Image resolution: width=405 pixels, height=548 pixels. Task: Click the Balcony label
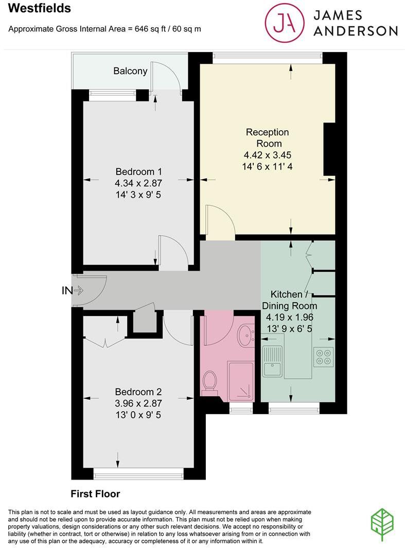(x=130, y=72)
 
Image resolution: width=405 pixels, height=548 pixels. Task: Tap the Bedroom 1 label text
(x=138, y=171)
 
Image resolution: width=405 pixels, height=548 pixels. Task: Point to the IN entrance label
(x=67, y=291)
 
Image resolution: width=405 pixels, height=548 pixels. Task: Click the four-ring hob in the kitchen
(x=324, y=357)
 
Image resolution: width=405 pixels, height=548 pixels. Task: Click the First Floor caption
(x=95, y=494)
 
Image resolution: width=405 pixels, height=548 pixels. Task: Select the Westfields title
(x=40, y=9)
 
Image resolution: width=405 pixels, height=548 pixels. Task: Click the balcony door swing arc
(x=167, y=77)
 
